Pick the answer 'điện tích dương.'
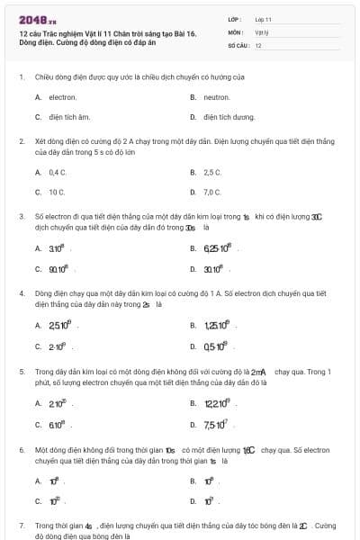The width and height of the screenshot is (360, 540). [223, 117]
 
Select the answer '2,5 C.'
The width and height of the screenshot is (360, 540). [212, 171]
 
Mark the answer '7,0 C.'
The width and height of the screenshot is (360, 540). [212, 192]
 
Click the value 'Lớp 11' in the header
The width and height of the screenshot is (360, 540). [264, 18]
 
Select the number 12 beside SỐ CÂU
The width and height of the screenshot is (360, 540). [258, 45]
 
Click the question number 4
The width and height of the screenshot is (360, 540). [21, 293]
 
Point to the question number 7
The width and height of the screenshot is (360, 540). [21, 525]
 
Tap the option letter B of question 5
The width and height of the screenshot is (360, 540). [193, 402]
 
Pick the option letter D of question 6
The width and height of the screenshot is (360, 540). [193, 500]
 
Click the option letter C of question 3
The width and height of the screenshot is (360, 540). [38, 268]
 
